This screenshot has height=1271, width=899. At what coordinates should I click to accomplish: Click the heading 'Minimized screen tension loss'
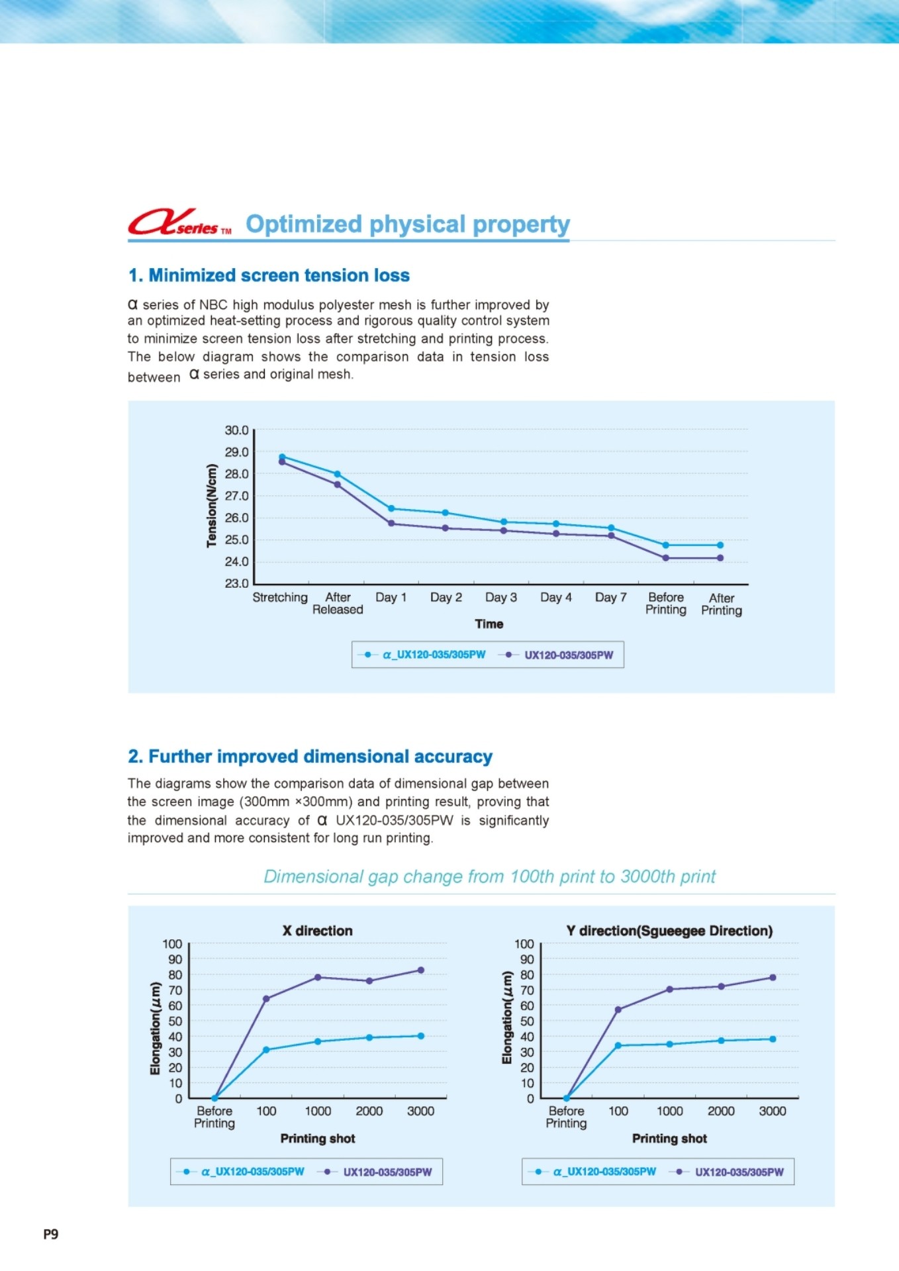(x=269, y=275)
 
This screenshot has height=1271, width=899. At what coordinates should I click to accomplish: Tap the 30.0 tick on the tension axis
(x=236, y=430)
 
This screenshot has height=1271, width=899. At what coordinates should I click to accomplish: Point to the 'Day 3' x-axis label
(x=500, y=598)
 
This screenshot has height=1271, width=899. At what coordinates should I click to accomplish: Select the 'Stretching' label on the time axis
(x=280, y=598)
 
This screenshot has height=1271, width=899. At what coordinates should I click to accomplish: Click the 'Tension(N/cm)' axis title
(x=212, y=506)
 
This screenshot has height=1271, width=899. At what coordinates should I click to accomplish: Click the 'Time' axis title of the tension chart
(x=489, y=624)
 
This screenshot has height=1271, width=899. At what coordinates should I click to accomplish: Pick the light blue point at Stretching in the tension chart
(x=282, y=457)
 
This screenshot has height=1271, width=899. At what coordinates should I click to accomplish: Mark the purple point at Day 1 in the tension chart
(x=391, y=524)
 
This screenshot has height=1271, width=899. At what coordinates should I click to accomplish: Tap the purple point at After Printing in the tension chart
(x=720, y=558)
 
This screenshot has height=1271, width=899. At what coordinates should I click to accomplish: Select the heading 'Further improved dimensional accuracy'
(x=310, y=757)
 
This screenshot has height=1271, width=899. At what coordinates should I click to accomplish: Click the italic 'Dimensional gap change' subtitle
(x=489, y=876)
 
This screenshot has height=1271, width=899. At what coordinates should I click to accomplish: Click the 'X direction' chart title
(x=318, y=931)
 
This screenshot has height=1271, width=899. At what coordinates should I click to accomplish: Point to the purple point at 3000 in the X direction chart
(x=421, y=970)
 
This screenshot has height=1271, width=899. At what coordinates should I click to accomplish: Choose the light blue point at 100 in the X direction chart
(x=266, y=1050)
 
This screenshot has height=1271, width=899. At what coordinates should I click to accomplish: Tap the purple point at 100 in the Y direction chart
(x=618, y=1010)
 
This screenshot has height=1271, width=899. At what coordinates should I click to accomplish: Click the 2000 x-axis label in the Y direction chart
(x=721, y=1111)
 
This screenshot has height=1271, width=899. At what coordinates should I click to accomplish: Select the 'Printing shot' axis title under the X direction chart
(x=318, y=1139)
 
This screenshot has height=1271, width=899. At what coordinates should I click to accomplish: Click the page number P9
(x=51, y=1234)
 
